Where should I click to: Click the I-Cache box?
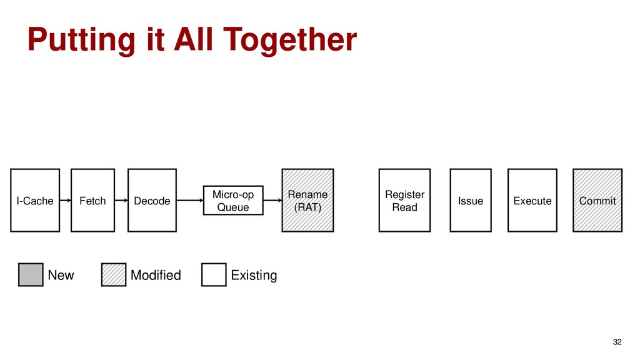point(35,201)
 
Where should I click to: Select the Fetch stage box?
point(92,201)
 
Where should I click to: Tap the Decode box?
point(152,201)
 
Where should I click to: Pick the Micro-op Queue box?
point(233,200)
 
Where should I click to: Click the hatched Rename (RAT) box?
point(307,201)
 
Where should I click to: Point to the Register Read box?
point(404,201)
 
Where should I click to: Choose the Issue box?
point(470,201)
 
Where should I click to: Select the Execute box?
point(532,201)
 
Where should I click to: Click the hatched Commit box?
point(597,201)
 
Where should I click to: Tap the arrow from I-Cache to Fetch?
point(66,201)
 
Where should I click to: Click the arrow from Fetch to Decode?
point(121,201)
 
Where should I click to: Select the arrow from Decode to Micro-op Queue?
point(190,201)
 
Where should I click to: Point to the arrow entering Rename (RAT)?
point(272,201)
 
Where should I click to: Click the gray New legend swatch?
point(31,275)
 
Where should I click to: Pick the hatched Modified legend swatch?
point(113,275)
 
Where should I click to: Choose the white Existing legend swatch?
point(214,275)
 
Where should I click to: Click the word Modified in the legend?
point(156,275)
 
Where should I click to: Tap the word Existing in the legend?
point(254,275)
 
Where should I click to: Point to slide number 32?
point(617,342)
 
